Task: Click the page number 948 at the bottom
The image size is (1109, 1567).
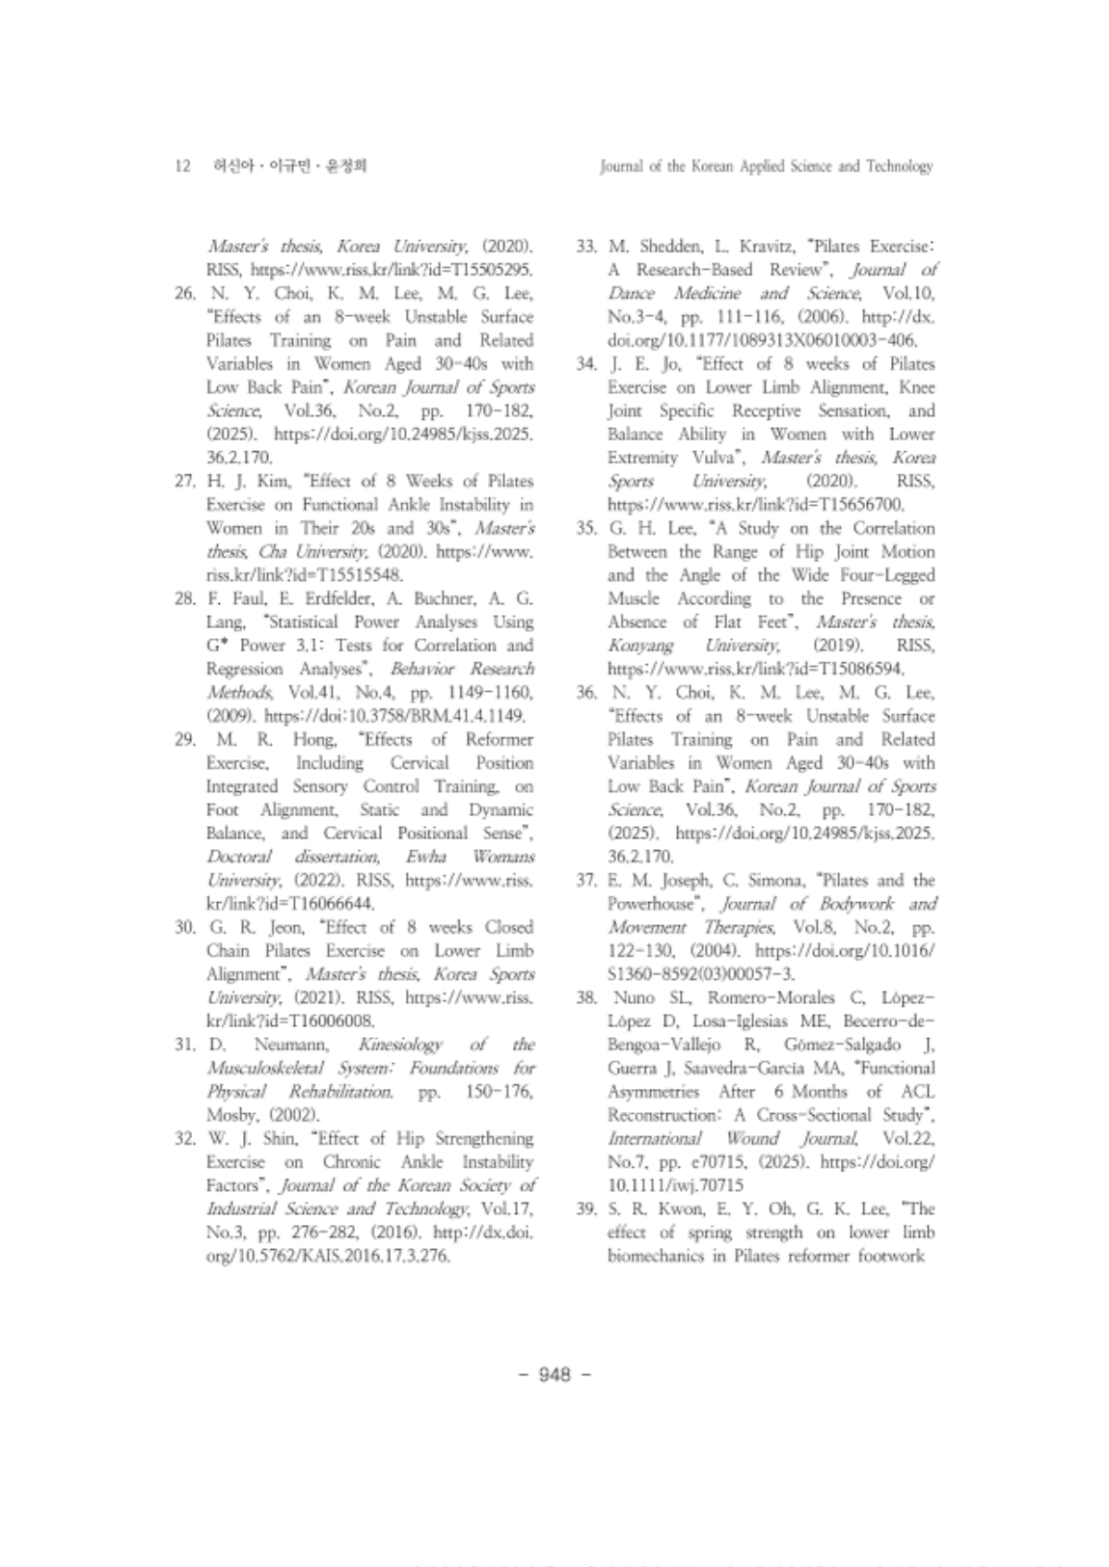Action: coord(554,1373)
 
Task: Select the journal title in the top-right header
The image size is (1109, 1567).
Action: coord(766,167)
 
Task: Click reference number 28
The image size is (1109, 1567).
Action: coord(185,599)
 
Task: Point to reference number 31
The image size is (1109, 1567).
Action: coord(185,1045)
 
